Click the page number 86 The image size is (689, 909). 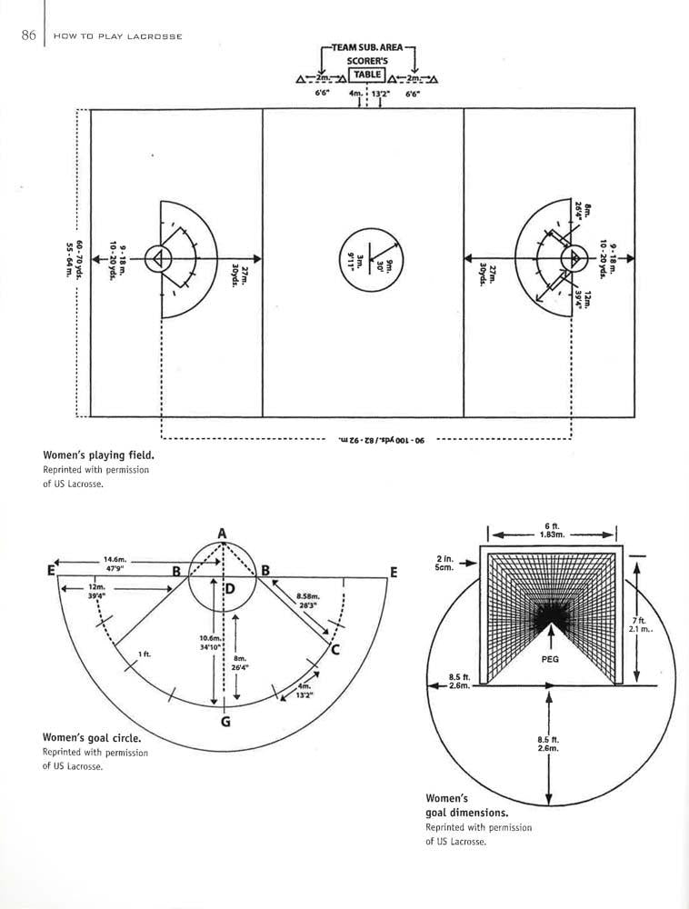27,35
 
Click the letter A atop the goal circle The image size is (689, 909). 222,533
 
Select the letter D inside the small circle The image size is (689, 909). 230,589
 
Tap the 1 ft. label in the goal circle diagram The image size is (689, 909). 145,654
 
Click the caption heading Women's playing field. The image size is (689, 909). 98,454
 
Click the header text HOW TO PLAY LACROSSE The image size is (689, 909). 118,36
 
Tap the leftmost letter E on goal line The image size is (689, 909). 50,572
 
